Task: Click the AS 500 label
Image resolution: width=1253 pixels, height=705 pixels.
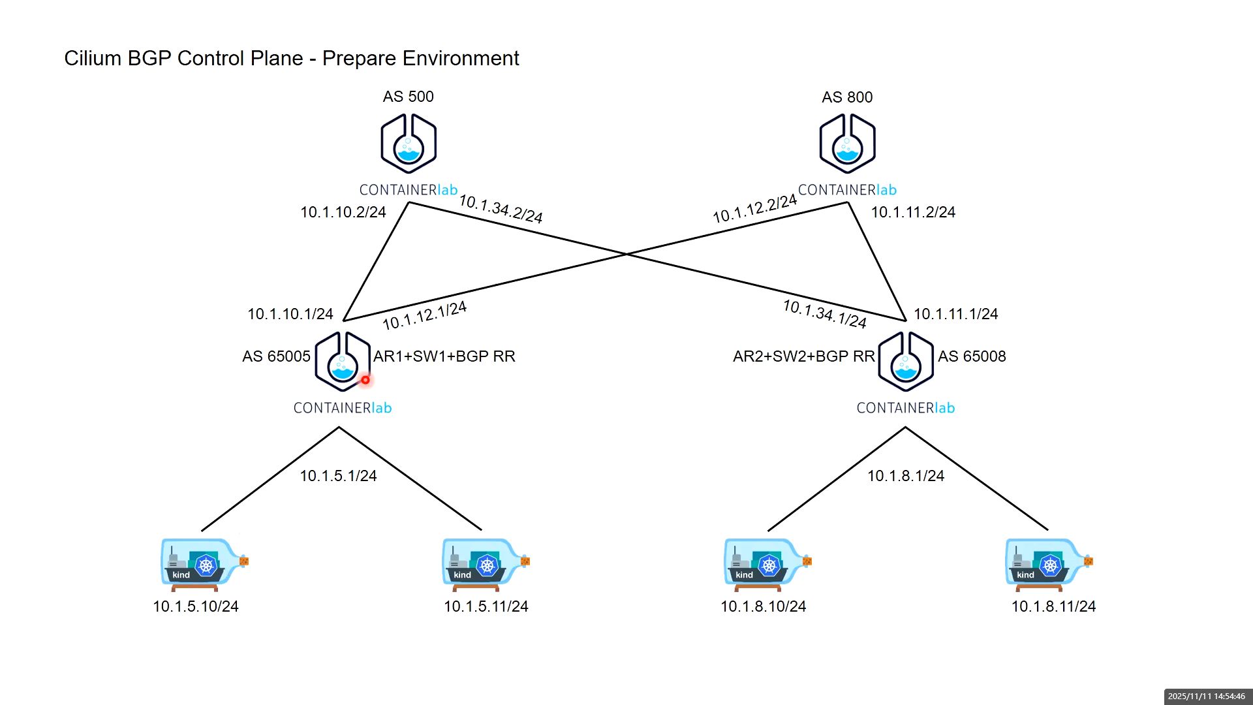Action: pyautogui.click(x=408, y=97)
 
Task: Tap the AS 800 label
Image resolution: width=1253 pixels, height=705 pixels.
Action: pyautogui.click(x=847, y=97)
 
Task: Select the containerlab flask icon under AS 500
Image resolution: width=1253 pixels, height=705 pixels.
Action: pyautogui.click(x=409, y=144)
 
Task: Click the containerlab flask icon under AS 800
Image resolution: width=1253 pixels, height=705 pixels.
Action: pyautogui.click(x=847, y=144)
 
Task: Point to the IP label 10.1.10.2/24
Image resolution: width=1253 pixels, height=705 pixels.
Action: pyautogui.click(x=343, y=212)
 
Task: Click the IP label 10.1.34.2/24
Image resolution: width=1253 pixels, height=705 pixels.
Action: pyautogui.click(x=501, y=208)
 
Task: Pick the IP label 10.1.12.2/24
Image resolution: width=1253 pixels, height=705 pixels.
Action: pyautogui.click(x=754, y=208)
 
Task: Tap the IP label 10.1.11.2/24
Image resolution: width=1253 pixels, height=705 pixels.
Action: pyautogui.click(x=913, y=212)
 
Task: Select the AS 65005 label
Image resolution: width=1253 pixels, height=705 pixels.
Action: pyautogui.click(x=276, y=356)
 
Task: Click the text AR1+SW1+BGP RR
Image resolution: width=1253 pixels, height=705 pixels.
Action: pyautogui.click(x=444, y=356)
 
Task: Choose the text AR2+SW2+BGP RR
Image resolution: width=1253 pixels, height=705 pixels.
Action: pyautogui.click(x=803, y=356)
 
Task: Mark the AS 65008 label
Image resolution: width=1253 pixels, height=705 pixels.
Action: pyautogui.click(x=972, y=356)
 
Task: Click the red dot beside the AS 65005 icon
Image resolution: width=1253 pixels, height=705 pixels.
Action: pyautogui.click(x=365, y=380)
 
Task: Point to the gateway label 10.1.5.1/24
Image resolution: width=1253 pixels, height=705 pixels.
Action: pyautogui.click(x=338, y=476)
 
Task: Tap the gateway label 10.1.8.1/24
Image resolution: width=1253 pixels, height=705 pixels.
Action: pyautogui.click(x=905, y=476)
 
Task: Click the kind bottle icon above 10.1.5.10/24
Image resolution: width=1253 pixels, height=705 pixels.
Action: pyautogui.click(x=204, y=563)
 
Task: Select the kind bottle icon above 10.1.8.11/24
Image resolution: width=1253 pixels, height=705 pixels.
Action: pyautogui.click(x=1049, y=563)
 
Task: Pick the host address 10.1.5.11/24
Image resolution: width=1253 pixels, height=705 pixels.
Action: pyautogui.click(x=486, y=606)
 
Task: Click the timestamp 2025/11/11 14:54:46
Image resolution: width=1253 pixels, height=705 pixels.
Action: pyautogui.click(x=1206, y=697)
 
